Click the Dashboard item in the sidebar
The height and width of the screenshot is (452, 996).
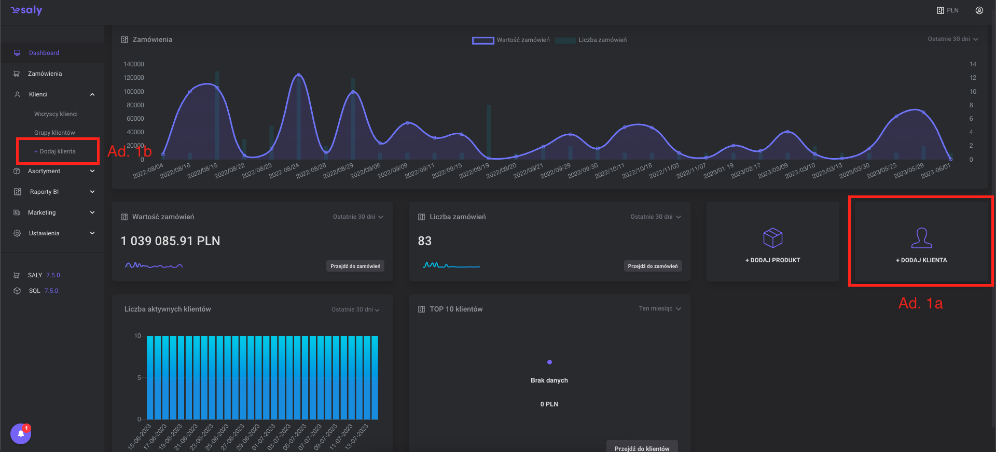tap(44, 53)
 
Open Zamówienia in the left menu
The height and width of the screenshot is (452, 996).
tap(45, 74)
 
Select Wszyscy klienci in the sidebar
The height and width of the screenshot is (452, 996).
tap(56, 114)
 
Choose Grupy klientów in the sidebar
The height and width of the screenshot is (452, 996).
tap(54, 133)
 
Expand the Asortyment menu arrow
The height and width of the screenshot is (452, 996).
tap(92, 171)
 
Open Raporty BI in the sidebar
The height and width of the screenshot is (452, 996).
tap(44, 192)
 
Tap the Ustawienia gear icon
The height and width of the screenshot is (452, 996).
tap(17, 233)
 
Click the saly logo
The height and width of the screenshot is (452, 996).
tap(27, 10)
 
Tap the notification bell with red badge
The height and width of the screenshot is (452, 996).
tap(21, 434)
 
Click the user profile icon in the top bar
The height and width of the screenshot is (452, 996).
tap(979, 10)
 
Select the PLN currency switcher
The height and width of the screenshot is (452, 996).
tap(948, 10)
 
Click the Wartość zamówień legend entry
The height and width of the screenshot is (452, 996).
tap(511, 40)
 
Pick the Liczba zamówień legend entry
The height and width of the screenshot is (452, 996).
tap(591, 40)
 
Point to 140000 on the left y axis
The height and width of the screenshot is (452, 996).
tap(133, 64)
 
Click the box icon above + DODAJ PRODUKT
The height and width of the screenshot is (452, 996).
tap(772, 238)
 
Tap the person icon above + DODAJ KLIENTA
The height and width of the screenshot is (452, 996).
tap(921, 238)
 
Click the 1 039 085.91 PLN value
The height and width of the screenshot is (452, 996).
tap(170, 241)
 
